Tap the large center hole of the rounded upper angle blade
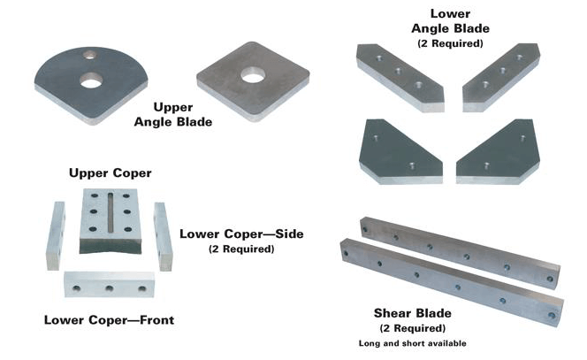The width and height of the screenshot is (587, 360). tap(90, 81)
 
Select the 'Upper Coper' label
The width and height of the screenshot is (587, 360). tap(110, 172)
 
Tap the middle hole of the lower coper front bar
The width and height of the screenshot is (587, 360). tap(109, 287)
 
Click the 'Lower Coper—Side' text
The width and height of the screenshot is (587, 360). tap(241, 234)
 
